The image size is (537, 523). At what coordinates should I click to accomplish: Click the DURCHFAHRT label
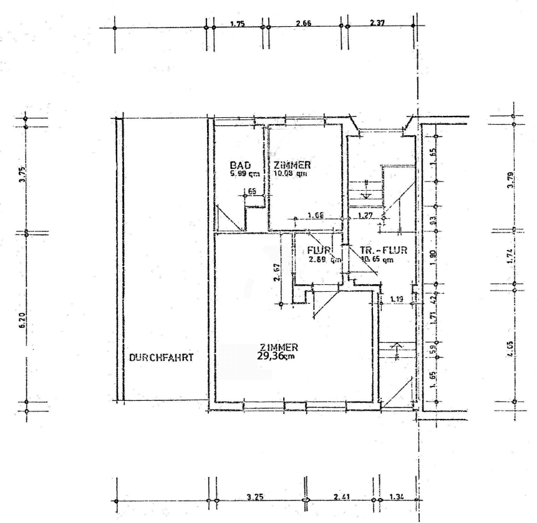(162, 358)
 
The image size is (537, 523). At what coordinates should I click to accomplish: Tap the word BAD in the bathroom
(240, 165)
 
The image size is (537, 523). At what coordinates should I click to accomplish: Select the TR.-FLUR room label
(384, 251)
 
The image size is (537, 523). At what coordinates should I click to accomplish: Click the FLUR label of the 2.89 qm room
(318, 251)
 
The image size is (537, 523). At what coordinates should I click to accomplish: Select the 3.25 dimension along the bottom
(254, 497)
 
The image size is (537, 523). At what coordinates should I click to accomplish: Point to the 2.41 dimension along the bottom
(341, 497)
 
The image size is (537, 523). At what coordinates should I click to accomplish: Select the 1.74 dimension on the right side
(510, 257)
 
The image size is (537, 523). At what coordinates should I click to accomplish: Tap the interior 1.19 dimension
(396, 300)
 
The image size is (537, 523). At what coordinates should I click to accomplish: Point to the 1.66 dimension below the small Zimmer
(316, 216)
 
